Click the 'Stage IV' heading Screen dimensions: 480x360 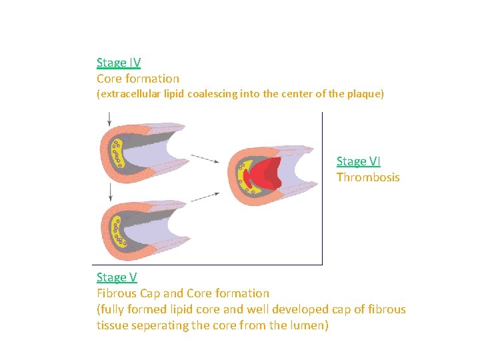(118, 63)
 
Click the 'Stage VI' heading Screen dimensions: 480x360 (358, 161)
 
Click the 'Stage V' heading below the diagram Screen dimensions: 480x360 (117, 277)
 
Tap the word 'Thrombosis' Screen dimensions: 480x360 (368, 177)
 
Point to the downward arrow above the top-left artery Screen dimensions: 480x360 (109, 119)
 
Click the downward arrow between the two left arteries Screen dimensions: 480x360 (109, 193)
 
